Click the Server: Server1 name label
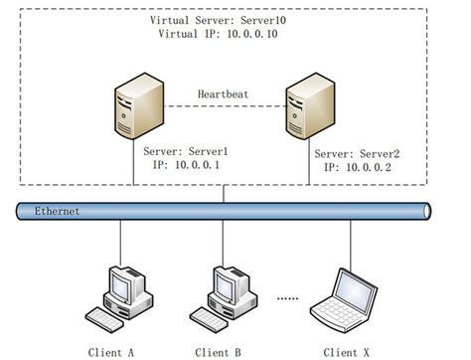pyautogui.click(x=186, y=152)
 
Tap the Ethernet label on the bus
pyautogui.click(x=56, y=211)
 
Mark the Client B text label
pyautogui.click(x=220, y=351)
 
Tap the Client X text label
pyautogui.click(x=349, y=351)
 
